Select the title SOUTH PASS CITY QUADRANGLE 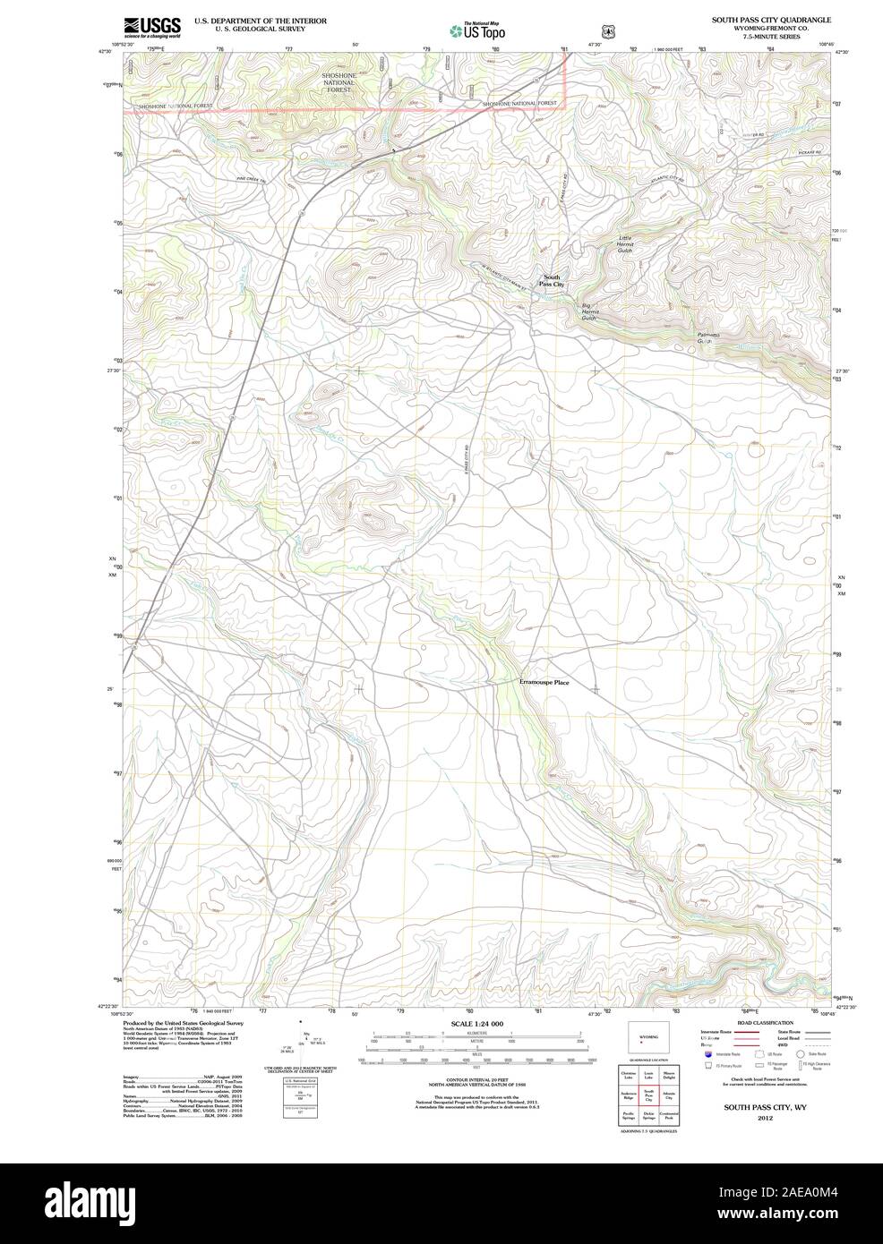click(770, 19)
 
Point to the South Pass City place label click(552, 280)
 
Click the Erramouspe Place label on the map click(544, 683)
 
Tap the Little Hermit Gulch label click(625, 243)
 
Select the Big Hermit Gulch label click(588, 311)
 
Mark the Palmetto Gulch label click(707, 338)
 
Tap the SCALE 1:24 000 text click(476, 1023)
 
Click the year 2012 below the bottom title click(764, 1118)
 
